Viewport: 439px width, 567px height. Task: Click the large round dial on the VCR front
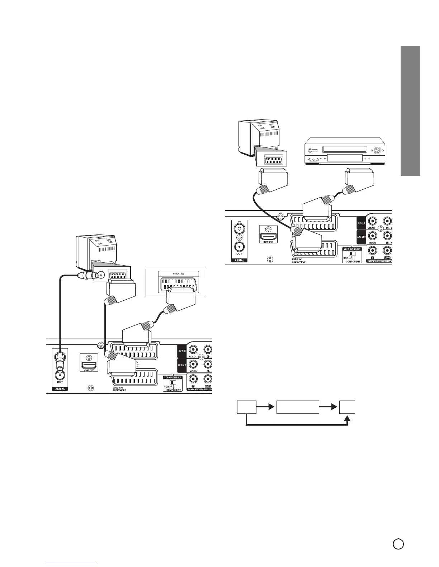pyautogui.click(x=377, y=151)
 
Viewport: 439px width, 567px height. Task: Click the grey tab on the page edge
pyautogui.click(x=410, y=111)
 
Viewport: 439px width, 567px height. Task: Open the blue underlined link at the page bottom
pyautogui.click(x=71, y=564)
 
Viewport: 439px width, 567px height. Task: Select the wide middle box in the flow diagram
pyautogui.click(x=297, y=407)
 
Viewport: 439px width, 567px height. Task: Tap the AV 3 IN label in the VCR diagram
pyautogui.click(x=361, y=223)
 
